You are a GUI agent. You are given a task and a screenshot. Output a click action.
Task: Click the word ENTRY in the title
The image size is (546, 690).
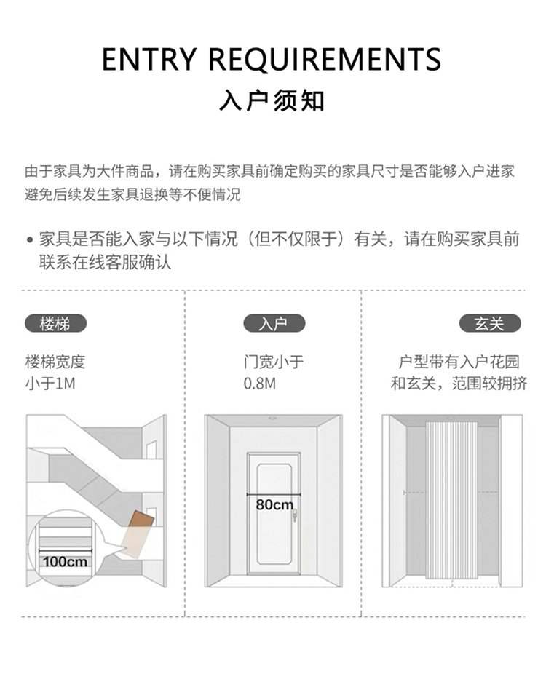[x=149, y=59]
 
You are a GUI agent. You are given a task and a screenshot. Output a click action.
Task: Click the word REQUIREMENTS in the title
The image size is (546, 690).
[x=325, y=59]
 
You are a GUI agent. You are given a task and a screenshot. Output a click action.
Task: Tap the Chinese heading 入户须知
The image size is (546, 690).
[x=272, y=100]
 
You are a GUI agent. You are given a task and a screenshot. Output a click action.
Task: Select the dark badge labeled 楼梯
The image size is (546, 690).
[x=55, y=324]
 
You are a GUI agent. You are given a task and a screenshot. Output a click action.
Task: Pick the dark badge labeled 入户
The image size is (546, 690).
[x=273, y=324]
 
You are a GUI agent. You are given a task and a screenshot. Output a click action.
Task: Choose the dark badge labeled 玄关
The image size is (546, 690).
[x=489, y=324]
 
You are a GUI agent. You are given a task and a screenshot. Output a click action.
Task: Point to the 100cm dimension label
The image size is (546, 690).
[x=65, y=561]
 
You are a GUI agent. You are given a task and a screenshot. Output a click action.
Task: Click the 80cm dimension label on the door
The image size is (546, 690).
[x=274, y=504]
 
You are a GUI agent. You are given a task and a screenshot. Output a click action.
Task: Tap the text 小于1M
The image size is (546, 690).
[x=50, y=384]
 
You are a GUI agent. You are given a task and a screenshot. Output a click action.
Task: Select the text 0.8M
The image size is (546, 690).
[x=260, y=384]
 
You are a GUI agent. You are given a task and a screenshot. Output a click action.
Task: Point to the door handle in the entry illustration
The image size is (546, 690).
[x=295, y=516]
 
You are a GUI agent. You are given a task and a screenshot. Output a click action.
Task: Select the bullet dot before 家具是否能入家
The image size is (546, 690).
[x=30, y=239]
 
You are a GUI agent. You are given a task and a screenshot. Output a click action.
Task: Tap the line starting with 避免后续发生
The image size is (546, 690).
[x=132, y=194]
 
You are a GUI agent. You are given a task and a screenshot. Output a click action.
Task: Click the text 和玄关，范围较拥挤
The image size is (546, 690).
[x=459, y=384]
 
